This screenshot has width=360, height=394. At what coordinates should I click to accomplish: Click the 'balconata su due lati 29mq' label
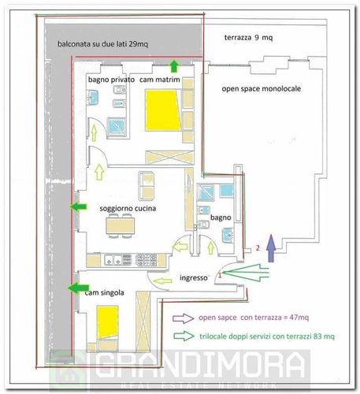point(102,44)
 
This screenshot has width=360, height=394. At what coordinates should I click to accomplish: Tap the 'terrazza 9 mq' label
point(248,38)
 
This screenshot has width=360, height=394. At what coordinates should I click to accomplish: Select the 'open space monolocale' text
point(262,89)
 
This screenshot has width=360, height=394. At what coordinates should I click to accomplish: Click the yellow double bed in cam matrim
point(163,110)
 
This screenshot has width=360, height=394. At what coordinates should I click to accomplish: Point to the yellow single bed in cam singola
point(107,322)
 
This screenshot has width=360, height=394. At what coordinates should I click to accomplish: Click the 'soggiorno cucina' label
point(128,209)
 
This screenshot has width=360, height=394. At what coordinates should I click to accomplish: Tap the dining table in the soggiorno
point(121,226)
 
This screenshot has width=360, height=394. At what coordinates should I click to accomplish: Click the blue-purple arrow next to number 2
point(271,248)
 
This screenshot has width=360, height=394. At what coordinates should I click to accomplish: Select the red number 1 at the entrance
point(220,275)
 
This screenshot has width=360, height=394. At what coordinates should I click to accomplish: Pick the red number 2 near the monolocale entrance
point(258,248)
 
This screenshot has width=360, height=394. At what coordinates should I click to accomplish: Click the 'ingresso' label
point(194,278)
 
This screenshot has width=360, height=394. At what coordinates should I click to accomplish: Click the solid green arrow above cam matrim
point(173,66)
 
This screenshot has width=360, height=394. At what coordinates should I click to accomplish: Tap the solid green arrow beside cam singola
point(79,288)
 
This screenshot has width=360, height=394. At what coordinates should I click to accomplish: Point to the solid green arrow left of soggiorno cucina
point(79,206)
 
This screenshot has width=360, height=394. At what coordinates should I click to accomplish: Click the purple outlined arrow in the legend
point(184,318)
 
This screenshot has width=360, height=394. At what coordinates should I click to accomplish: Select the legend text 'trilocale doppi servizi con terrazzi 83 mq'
point(267,336)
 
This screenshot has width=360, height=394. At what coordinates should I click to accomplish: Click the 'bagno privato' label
point(111,80)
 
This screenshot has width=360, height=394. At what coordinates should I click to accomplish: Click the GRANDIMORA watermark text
point(201,366)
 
